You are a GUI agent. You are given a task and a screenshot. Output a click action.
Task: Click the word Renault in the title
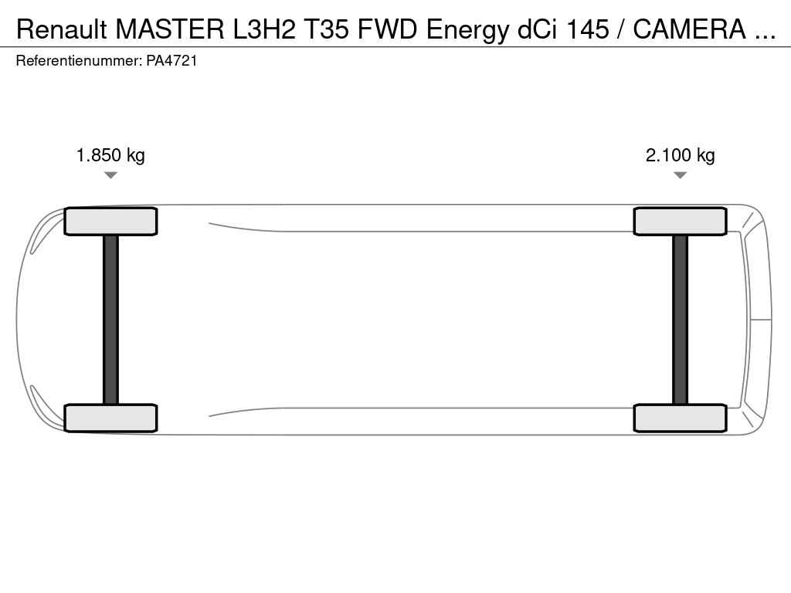tap(62, 29)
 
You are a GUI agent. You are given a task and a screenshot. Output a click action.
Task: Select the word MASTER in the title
tap(170, 29)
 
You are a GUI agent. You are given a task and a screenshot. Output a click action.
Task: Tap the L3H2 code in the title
tap(263, 29)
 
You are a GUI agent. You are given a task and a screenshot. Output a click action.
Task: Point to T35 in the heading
tap(326, 29)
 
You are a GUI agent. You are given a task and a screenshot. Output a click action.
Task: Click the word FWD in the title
tap(388, 29)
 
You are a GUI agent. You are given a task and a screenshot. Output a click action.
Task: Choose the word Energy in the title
tap(467, 31)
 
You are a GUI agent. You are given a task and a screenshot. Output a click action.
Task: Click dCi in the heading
tap(538, 29)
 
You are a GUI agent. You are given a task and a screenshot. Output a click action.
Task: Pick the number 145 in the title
tap(588, 29)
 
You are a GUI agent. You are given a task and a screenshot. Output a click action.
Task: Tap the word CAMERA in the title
tap(690, 29)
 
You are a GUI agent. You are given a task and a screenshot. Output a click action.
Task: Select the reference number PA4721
tap(172, 61)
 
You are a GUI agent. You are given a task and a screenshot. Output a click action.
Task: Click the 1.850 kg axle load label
tap(110, 155)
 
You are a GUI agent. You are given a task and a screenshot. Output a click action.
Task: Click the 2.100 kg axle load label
tap(680, 155)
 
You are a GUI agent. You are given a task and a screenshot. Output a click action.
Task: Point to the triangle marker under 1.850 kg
tap(110, 175)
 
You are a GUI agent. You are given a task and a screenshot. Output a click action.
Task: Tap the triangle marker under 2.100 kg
tap(680, 175)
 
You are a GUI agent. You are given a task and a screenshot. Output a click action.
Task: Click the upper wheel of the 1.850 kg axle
tap(111, 222)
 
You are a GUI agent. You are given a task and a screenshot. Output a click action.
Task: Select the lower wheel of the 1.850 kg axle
tap(111, 418)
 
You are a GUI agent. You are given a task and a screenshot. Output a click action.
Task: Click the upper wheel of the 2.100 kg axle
tap(680, 222)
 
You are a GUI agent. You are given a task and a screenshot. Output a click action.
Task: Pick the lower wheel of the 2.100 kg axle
tap(680, 418)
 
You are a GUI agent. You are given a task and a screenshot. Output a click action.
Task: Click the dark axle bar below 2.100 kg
tap(680, 320)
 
